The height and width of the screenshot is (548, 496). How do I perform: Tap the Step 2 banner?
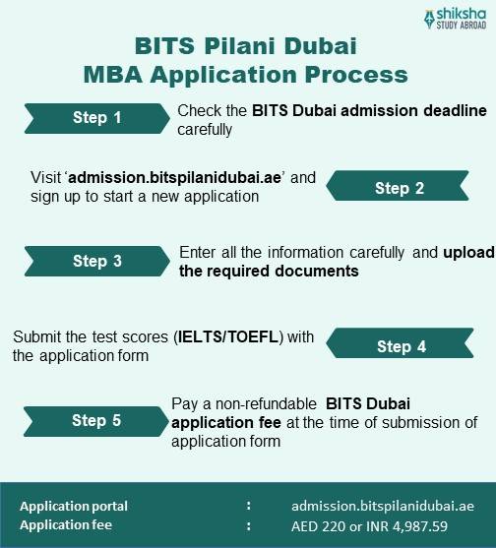point(399,188)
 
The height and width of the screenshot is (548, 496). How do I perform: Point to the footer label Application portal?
point(74,506)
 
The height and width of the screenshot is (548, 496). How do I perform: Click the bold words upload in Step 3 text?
point(469,252)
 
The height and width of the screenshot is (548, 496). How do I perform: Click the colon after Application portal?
point(248,506)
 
